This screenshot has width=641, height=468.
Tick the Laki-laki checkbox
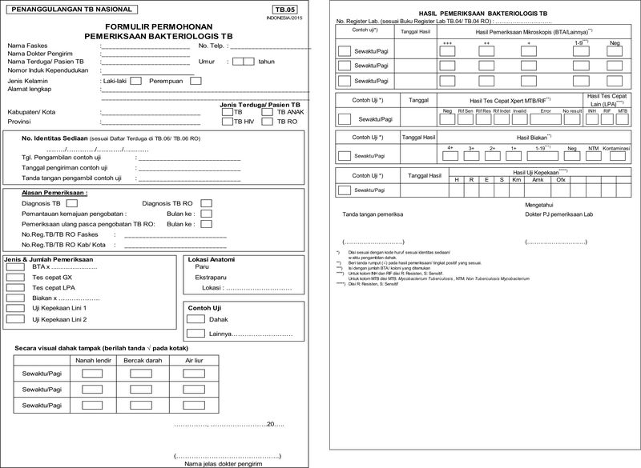click(x=135, y=80)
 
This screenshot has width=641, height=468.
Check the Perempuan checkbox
click(x=196, y=80)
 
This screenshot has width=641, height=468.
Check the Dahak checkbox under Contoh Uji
click(x=196, y=318)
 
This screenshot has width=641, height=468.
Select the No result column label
click(x=572, y=110)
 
